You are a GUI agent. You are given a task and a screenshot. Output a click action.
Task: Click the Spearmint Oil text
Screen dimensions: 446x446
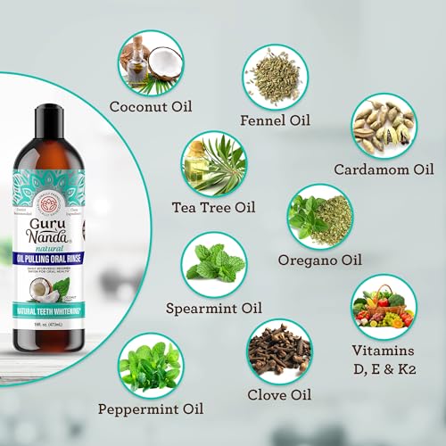tap(214, 310)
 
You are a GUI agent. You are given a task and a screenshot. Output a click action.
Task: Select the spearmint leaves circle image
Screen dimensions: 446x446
tap(214, 266)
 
